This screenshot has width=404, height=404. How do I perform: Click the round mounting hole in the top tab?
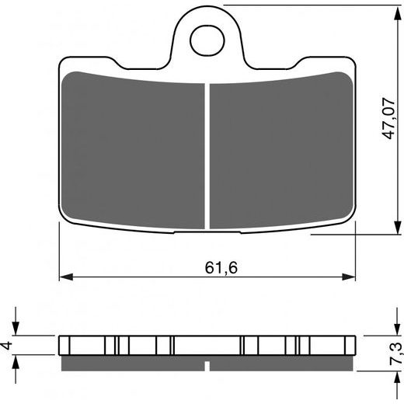click(x=207, y=40)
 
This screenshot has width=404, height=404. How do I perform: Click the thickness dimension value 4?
click(x=8, y=345)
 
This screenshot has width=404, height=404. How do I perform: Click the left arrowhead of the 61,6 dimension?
click(x=65, y=277)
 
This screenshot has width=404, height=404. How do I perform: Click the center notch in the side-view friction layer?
click(x=207, y=365)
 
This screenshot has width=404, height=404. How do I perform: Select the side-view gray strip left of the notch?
click(x=132, y=363)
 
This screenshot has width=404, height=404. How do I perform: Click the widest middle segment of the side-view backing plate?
click(x=207, y=345)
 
